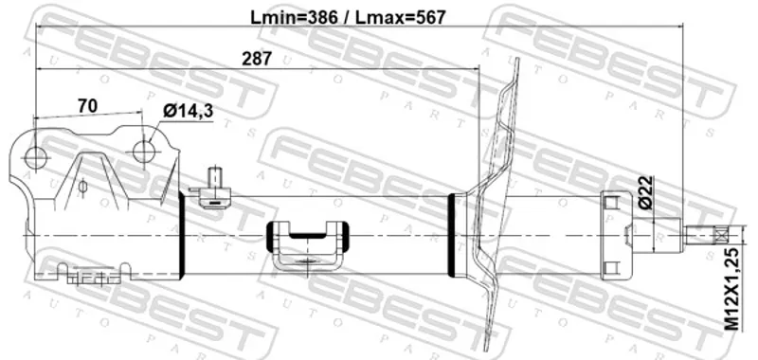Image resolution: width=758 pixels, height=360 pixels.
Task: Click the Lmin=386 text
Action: point(294,17)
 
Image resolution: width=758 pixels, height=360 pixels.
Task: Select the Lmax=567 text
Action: point(400,17)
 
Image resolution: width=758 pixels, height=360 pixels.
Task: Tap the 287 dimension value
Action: point(257,59)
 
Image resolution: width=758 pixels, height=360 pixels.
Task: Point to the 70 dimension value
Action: point(87,106)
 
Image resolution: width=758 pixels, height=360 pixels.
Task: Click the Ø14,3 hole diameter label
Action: point(188,112)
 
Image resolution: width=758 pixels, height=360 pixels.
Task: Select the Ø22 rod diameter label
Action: point(645,191)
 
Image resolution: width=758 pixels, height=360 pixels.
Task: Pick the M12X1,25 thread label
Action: point(734,289)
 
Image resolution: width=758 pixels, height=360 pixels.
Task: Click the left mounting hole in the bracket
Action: point(35,156)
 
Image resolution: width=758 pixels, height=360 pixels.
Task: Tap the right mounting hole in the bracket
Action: point(144,152)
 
